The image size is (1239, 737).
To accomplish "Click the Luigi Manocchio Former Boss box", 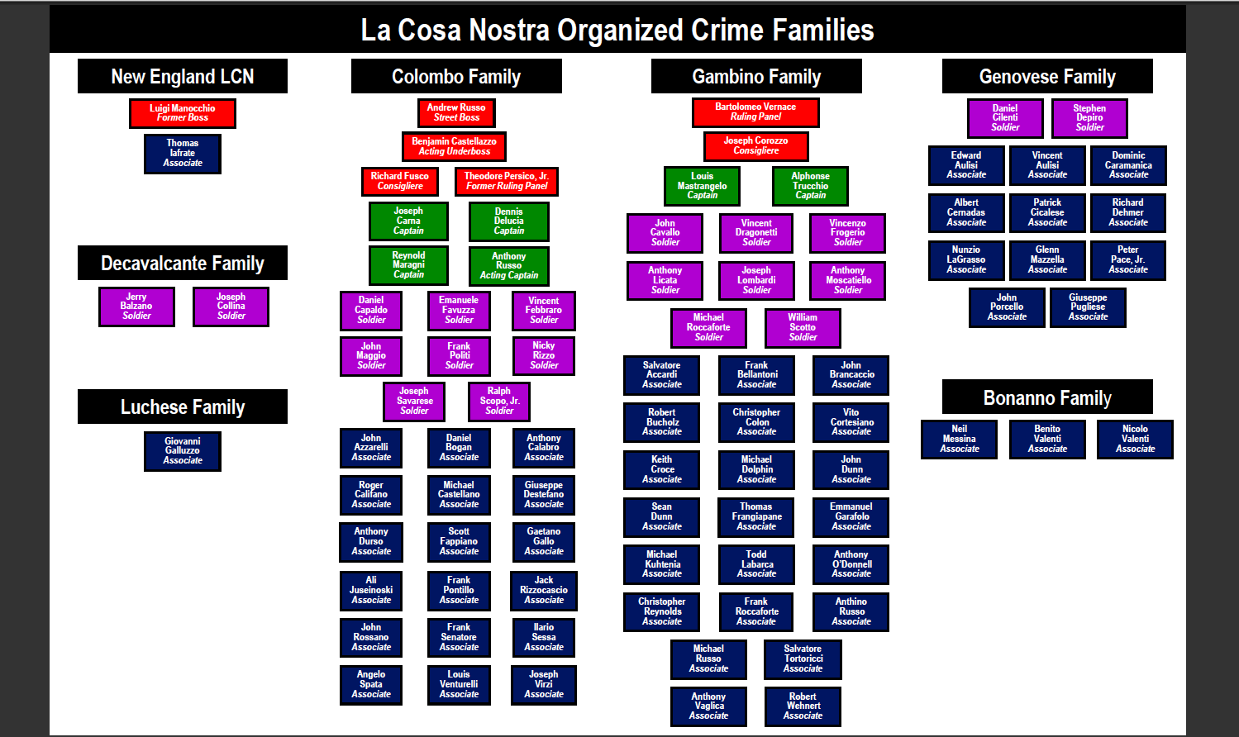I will point(183,113).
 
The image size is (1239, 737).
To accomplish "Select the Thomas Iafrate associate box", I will point(183,154).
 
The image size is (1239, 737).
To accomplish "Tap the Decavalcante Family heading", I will point(183,263).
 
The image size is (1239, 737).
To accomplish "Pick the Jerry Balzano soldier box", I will point(136,307).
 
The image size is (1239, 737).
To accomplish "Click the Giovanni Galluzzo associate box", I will point(183,451).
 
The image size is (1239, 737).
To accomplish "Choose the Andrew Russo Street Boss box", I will point(456,113).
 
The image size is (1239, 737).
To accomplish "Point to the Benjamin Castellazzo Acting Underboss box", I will point(455,147).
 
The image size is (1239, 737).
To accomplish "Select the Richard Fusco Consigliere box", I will point(400,182).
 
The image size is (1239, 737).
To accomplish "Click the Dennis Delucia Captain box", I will point(509,221).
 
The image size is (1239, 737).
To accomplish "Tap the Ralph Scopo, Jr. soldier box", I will point(499,401).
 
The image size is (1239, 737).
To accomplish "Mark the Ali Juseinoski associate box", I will point(371,591).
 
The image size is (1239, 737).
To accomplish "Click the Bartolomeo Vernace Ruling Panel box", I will point(755,112).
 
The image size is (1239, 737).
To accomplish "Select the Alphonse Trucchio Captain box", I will point(810,186).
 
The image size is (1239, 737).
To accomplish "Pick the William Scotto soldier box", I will point(803,328).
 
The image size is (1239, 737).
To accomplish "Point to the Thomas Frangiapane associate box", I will point(756,517).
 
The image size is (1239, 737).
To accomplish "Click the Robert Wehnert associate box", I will point(803,706).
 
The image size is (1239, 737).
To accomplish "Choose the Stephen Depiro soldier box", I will point(1089,118).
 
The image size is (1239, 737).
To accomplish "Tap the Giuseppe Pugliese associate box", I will point(1088,307).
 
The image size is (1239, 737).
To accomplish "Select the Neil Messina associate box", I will point(959,440).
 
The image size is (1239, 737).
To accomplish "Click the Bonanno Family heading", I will point(1047,397).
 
